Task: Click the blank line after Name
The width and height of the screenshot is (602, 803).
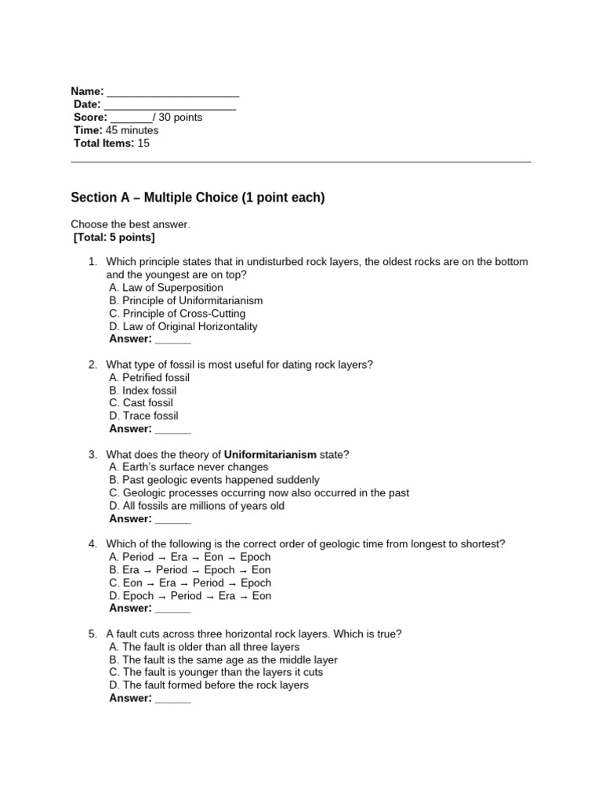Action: (172, 93)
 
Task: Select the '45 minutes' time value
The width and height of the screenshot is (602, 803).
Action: (132, 130)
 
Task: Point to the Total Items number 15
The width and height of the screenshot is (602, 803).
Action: (143, 144)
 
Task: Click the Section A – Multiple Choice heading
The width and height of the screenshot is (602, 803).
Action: (198, 198)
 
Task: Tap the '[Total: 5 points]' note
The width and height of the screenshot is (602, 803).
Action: (114, 237)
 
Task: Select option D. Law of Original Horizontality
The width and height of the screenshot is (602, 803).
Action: (183, 326)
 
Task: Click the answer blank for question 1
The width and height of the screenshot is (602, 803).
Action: (172, 340)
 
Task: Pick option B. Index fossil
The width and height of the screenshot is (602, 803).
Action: (143, 391)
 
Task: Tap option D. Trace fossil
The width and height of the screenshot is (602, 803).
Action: (143, 416)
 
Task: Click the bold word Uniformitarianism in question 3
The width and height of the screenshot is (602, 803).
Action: (270, 455)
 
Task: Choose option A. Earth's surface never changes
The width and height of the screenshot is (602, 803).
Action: (189, 467)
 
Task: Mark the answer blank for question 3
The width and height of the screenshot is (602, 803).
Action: (172, 519)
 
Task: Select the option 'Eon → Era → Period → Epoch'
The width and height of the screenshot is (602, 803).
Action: (190, 583)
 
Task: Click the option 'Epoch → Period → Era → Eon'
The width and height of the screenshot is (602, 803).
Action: (190, 596)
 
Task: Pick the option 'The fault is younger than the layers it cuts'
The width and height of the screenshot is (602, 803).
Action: (216, 672)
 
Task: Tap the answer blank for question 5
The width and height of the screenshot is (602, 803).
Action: (172, 699)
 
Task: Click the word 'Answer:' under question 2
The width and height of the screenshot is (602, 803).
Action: (130, 429)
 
